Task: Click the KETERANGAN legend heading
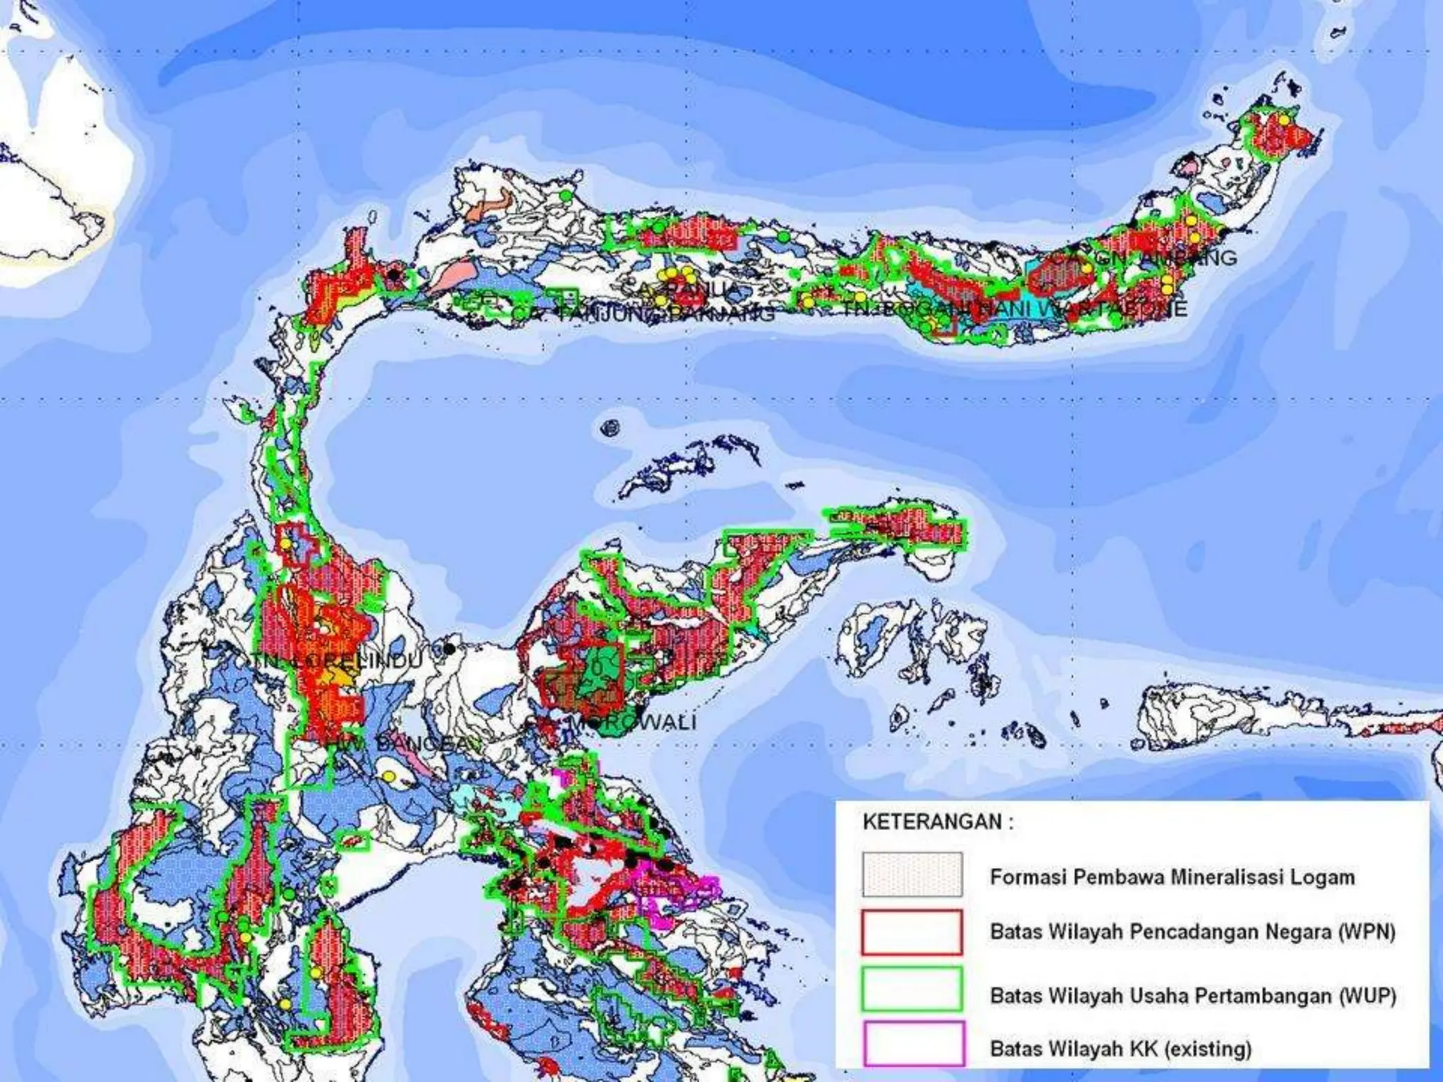(x=938, y=822)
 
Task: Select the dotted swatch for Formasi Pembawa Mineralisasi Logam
(x=912, y=875)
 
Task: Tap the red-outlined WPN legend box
(x=912, y=932)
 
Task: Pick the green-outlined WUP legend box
(x=912, y=988)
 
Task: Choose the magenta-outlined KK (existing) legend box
(x=912, y=1042)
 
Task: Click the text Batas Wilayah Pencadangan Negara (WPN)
(x=1192, y=932)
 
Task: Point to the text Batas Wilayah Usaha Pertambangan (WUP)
(x=1192, y=995)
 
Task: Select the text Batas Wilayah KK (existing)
(x=1120, y=1049)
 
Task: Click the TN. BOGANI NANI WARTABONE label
(x=1015, y=309)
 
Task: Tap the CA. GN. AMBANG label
(x=1156, y=258)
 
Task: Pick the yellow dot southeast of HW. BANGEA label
(x=388, y=776)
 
